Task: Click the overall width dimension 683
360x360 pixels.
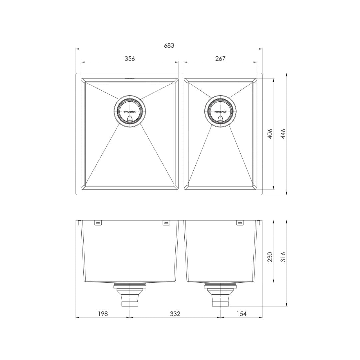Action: tap(169, 45)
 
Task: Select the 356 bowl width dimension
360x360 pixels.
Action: tap(130, 59)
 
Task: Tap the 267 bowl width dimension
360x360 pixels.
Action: tap(220, 59)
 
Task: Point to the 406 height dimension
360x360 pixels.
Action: tap(270, 134)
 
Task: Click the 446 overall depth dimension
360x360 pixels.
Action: tap(283, 134)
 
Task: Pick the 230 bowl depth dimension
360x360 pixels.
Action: tap(270, 257)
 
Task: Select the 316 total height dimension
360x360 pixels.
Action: tap(283, 257)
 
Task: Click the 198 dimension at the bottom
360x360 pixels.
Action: tap(103, 314)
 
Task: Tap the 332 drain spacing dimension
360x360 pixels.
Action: tap(175, 314)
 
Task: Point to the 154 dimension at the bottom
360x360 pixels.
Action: tap(241, 314)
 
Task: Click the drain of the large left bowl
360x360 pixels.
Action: tap(130, 112)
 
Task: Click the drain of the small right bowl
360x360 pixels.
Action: tap(220, 112)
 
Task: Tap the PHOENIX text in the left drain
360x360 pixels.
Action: tap(130, 112)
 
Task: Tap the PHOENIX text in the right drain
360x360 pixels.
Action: tap(220, 112)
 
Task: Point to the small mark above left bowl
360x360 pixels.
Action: tap(130, 79)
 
